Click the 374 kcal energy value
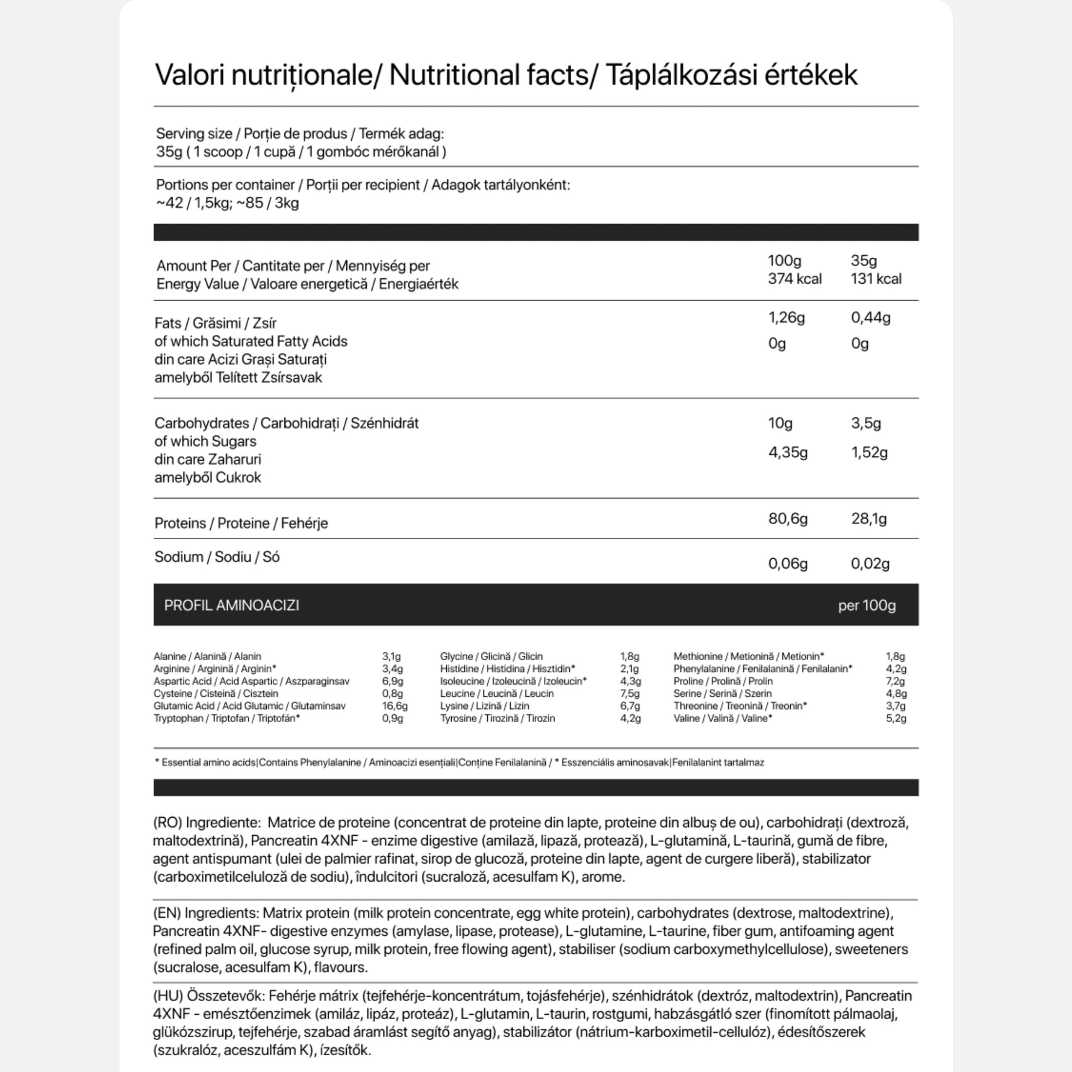pyautogui.click(x=794, y=279)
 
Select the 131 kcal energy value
pyautogui.click(x=876, y=279)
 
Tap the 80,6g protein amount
pyautogui.click(x=788, y=519)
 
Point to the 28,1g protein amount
pyautogui.click(x=868, y=519)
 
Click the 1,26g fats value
pyautogui.click(x=787, y=317)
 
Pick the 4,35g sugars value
pyautogui.click(x=788, y=452)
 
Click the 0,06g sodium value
pyautogui.click(x=788, y=564)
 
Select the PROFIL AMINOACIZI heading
pyautogui.click(x=232, y=605)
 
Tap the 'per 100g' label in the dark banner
pyautogui.click(x=867, y=605)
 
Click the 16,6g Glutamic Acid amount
pyautogui.click(x=395, y=706)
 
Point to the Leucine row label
pyautogui.click(x=497, y=693)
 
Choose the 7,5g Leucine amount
pyautogui.click(x=630, y=693)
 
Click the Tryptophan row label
pyautogui.click(x=227, y=718)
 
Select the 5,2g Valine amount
pyautogui.click(x=896, y=718)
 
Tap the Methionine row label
pyautogui.click(x=749, y=656)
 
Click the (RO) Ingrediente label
pyautogui.click(x=207, y=823)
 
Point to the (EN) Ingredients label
pyautogui.click(x=206, y=913)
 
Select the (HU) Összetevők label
pyautogui.click(x=208, y=996)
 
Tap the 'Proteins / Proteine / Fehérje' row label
pyautogui.click(x=241, y=523)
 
